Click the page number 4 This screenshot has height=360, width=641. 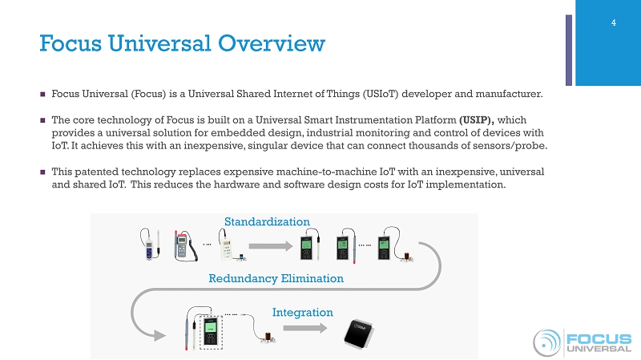pyautogui.click(x=613, y=22)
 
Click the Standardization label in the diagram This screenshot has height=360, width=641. pyautogui.click(x=267, y=220)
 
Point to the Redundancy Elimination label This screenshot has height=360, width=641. pyautogui.click(x=276, y=278)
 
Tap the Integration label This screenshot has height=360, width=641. pyautogui.click(x=302, y=311)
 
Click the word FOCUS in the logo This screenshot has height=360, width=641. pyautogui.click(x=599, y=338)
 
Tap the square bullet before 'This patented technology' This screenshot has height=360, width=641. pyautogui.click(x=43, y=172)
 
